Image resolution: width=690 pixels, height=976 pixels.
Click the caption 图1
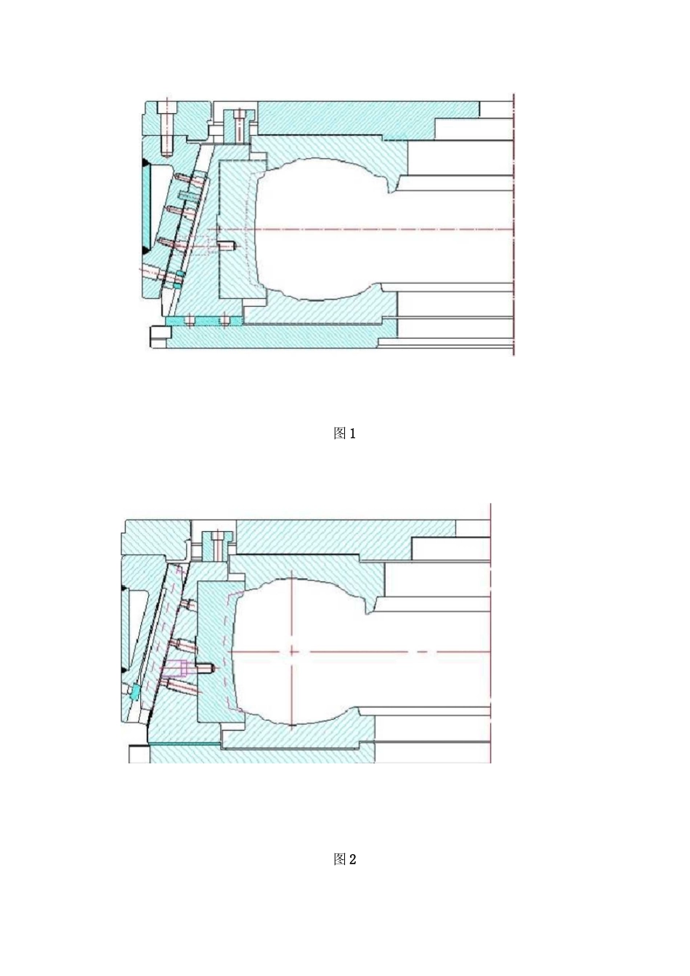click(x=344, y=434)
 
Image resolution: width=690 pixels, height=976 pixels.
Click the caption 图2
click(x=344, y=860)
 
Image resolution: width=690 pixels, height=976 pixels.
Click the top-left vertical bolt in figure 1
click(x=166, y=127)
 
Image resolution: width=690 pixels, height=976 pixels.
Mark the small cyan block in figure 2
click(x=134, y=692)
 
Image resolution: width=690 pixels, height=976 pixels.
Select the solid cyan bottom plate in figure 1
click(x=203, y=321)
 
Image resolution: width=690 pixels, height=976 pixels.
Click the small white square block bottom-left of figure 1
click(x=161, y=336)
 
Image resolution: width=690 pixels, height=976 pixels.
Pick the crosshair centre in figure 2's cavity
click(x=291, y=651)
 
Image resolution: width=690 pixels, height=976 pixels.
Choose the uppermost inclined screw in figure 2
click(x=188, y=604)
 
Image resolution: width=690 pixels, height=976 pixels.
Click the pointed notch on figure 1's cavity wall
click(x=391, y=190)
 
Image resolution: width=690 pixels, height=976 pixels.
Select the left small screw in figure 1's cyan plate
click(x=190, y=321)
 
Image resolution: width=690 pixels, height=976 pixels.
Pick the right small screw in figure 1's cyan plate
click(x=224, y=321)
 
